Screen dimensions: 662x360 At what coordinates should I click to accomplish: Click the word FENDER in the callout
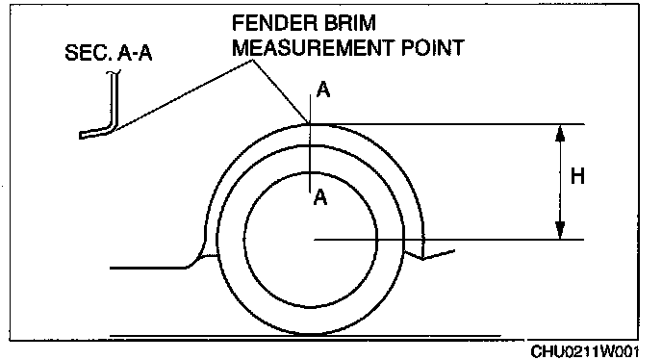tap(268, 23)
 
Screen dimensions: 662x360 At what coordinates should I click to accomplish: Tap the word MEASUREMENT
tap(314, 48)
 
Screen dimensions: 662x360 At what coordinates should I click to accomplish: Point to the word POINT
tap(433, 48)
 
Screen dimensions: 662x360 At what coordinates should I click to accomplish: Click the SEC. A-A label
tap(109, 53)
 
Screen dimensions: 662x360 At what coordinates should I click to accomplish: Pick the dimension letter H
tap(577, 176)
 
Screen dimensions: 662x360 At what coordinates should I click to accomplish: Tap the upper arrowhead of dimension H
tap(560, 133)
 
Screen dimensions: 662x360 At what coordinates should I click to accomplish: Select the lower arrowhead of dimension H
tap(560, 231)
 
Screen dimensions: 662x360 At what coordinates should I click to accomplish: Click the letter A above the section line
tap(323, 90)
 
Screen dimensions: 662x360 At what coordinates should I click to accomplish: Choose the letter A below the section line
tap(320, 197)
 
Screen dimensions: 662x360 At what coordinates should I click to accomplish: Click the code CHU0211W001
tap(585, 351)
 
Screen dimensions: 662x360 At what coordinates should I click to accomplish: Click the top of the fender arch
tap(310, 124)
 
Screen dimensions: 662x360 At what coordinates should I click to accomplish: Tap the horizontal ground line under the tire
tap(305, 336)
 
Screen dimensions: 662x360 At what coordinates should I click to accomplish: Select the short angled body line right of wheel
tap(439, 255)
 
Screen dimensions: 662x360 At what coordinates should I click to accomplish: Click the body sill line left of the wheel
tap(148, 268)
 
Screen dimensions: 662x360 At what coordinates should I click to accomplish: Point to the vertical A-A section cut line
tap(310, 143)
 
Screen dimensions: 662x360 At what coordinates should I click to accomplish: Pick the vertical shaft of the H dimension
tap(560, 182)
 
